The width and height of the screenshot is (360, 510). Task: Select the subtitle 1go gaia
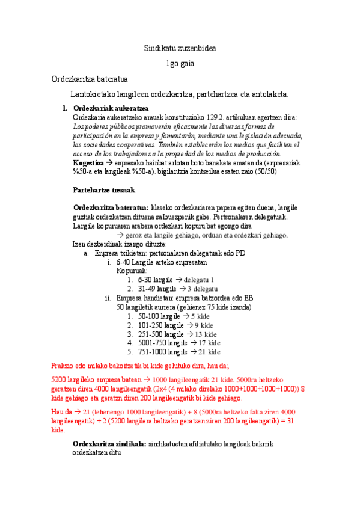180,63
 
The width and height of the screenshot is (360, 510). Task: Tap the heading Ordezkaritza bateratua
89,79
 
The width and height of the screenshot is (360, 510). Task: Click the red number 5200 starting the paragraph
60,380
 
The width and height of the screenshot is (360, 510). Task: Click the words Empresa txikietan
120,253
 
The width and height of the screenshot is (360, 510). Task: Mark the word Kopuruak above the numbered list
132,271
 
